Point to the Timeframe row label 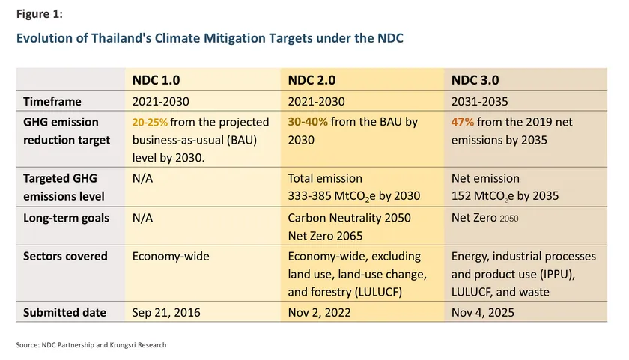(x=52, y=101)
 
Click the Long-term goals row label (x=66, y=218)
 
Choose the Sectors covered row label (x=65, y=256)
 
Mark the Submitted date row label (x=64, y=313)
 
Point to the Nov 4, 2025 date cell (x=482, y=313)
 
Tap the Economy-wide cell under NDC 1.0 (x=171, y=256)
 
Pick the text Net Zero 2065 (x=326, y=236)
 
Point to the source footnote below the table (x=91, y=345)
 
